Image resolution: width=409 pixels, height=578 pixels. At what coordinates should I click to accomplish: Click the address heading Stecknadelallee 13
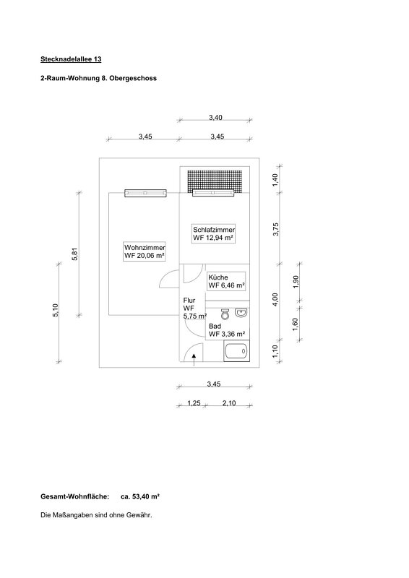(x=71, y=59)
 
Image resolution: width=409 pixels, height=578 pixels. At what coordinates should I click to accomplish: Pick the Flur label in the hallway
(x=189, y=301)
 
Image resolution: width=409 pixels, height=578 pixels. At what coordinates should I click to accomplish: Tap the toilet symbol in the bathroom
(x=225, y=314)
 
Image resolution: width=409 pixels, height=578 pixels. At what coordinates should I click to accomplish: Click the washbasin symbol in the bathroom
(x=241, y=313)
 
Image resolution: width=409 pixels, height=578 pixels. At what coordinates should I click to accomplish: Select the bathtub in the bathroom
(x=236, y=351)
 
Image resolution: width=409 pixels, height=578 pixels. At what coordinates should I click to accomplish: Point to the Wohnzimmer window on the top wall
(x=145, y=193)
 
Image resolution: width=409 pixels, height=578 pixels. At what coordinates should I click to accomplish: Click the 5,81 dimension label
(x=75, y=254)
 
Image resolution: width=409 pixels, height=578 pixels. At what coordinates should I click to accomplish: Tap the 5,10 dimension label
(x=56, y=310)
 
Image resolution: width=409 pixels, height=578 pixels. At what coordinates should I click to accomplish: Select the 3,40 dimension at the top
(x=215, y=118)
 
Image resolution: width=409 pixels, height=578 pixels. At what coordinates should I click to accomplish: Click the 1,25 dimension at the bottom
(x=194, y=403)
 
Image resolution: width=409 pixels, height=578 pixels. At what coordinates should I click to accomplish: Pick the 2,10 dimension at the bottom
(x=228, y=403)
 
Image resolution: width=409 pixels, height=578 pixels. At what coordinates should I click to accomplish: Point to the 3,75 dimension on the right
(x=276, y=229)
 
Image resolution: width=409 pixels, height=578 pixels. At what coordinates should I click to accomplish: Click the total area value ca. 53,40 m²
(x=140, y=496)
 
